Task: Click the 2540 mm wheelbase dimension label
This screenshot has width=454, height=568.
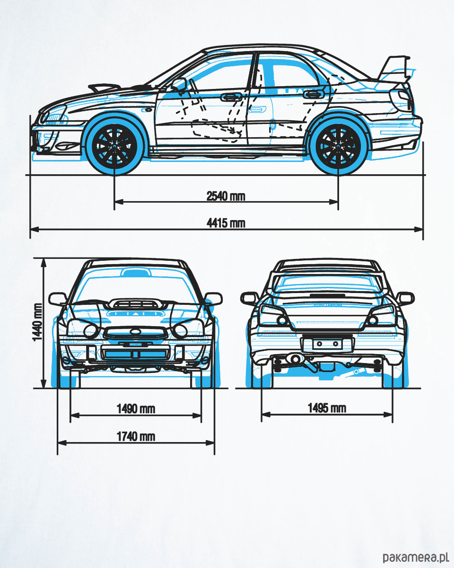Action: tap(226, 195)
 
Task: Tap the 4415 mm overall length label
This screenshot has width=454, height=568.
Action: tap(226, 223)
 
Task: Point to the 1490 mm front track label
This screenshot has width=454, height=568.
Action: tap(136, 408)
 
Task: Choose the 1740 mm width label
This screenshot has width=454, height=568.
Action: tap(136, 436)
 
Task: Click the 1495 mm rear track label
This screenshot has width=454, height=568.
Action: tap(327, 408)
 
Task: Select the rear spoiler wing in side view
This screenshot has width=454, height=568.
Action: tap(396, 69)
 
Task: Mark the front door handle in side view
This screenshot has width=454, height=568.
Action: tap(231, 97)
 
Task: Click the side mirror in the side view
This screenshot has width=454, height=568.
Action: tap(179, 85)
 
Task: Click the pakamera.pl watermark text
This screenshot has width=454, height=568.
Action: tap(415, 557)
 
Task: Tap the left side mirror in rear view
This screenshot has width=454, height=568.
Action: tap(249, 298)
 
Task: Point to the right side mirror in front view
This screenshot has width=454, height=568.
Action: tap(213, 299)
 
